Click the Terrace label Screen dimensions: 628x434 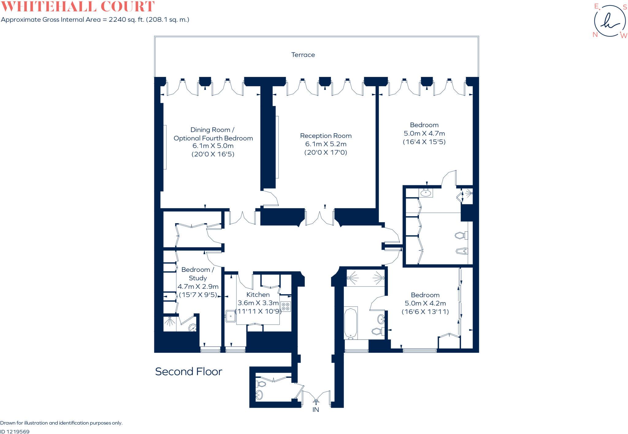pyautogui.click(x=303, y=55)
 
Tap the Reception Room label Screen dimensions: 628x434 pyautogui.click(x=326, y=136)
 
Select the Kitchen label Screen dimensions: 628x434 pyautogui.click(x=258, y=295)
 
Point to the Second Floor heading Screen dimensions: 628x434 pyautogui.click(x=189, y=371)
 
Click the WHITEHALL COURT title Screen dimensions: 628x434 pyautogui.click(x=78, y=6)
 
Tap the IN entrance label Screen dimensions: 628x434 pyautogui.click(x=316, y=410)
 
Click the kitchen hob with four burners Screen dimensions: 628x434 pyautogui.click(x=285, y=306)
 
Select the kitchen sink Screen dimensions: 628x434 pyautogui.click(x=230, y=316)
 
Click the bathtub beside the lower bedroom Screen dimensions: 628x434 pyautogui.click(x=351, y=323)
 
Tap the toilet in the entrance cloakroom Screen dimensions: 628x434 pyautogui.click(x=261, y=384)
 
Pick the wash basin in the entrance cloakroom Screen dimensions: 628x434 pyautogui.click(x=259, y=395)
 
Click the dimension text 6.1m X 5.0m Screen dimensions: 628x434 pyautogui.click(x=213, y=146)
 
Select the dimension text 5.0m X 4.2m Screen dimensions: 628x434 pyautogui.click(x=425, y=303)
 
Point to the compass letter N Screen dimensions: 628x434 pyautogui.click(x=595, y=35)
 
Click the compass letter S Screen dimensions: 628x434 pyautogui.click(x=625, y=7)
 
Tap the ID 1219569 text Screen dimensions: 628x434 pyautogui.click(x=15, y=432)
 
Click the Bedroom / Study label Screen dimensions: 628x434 pyautogui.click(x=198, y=274)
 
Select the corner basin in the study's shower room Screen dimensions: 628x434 pyautogui.click(x=193, y=328)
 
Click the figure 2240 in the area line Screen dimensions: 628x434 pyautogui.click(x=117, y=20)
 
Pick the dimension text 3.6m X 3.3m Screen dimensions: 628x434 pyautogui.click(x=258, y=303)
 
